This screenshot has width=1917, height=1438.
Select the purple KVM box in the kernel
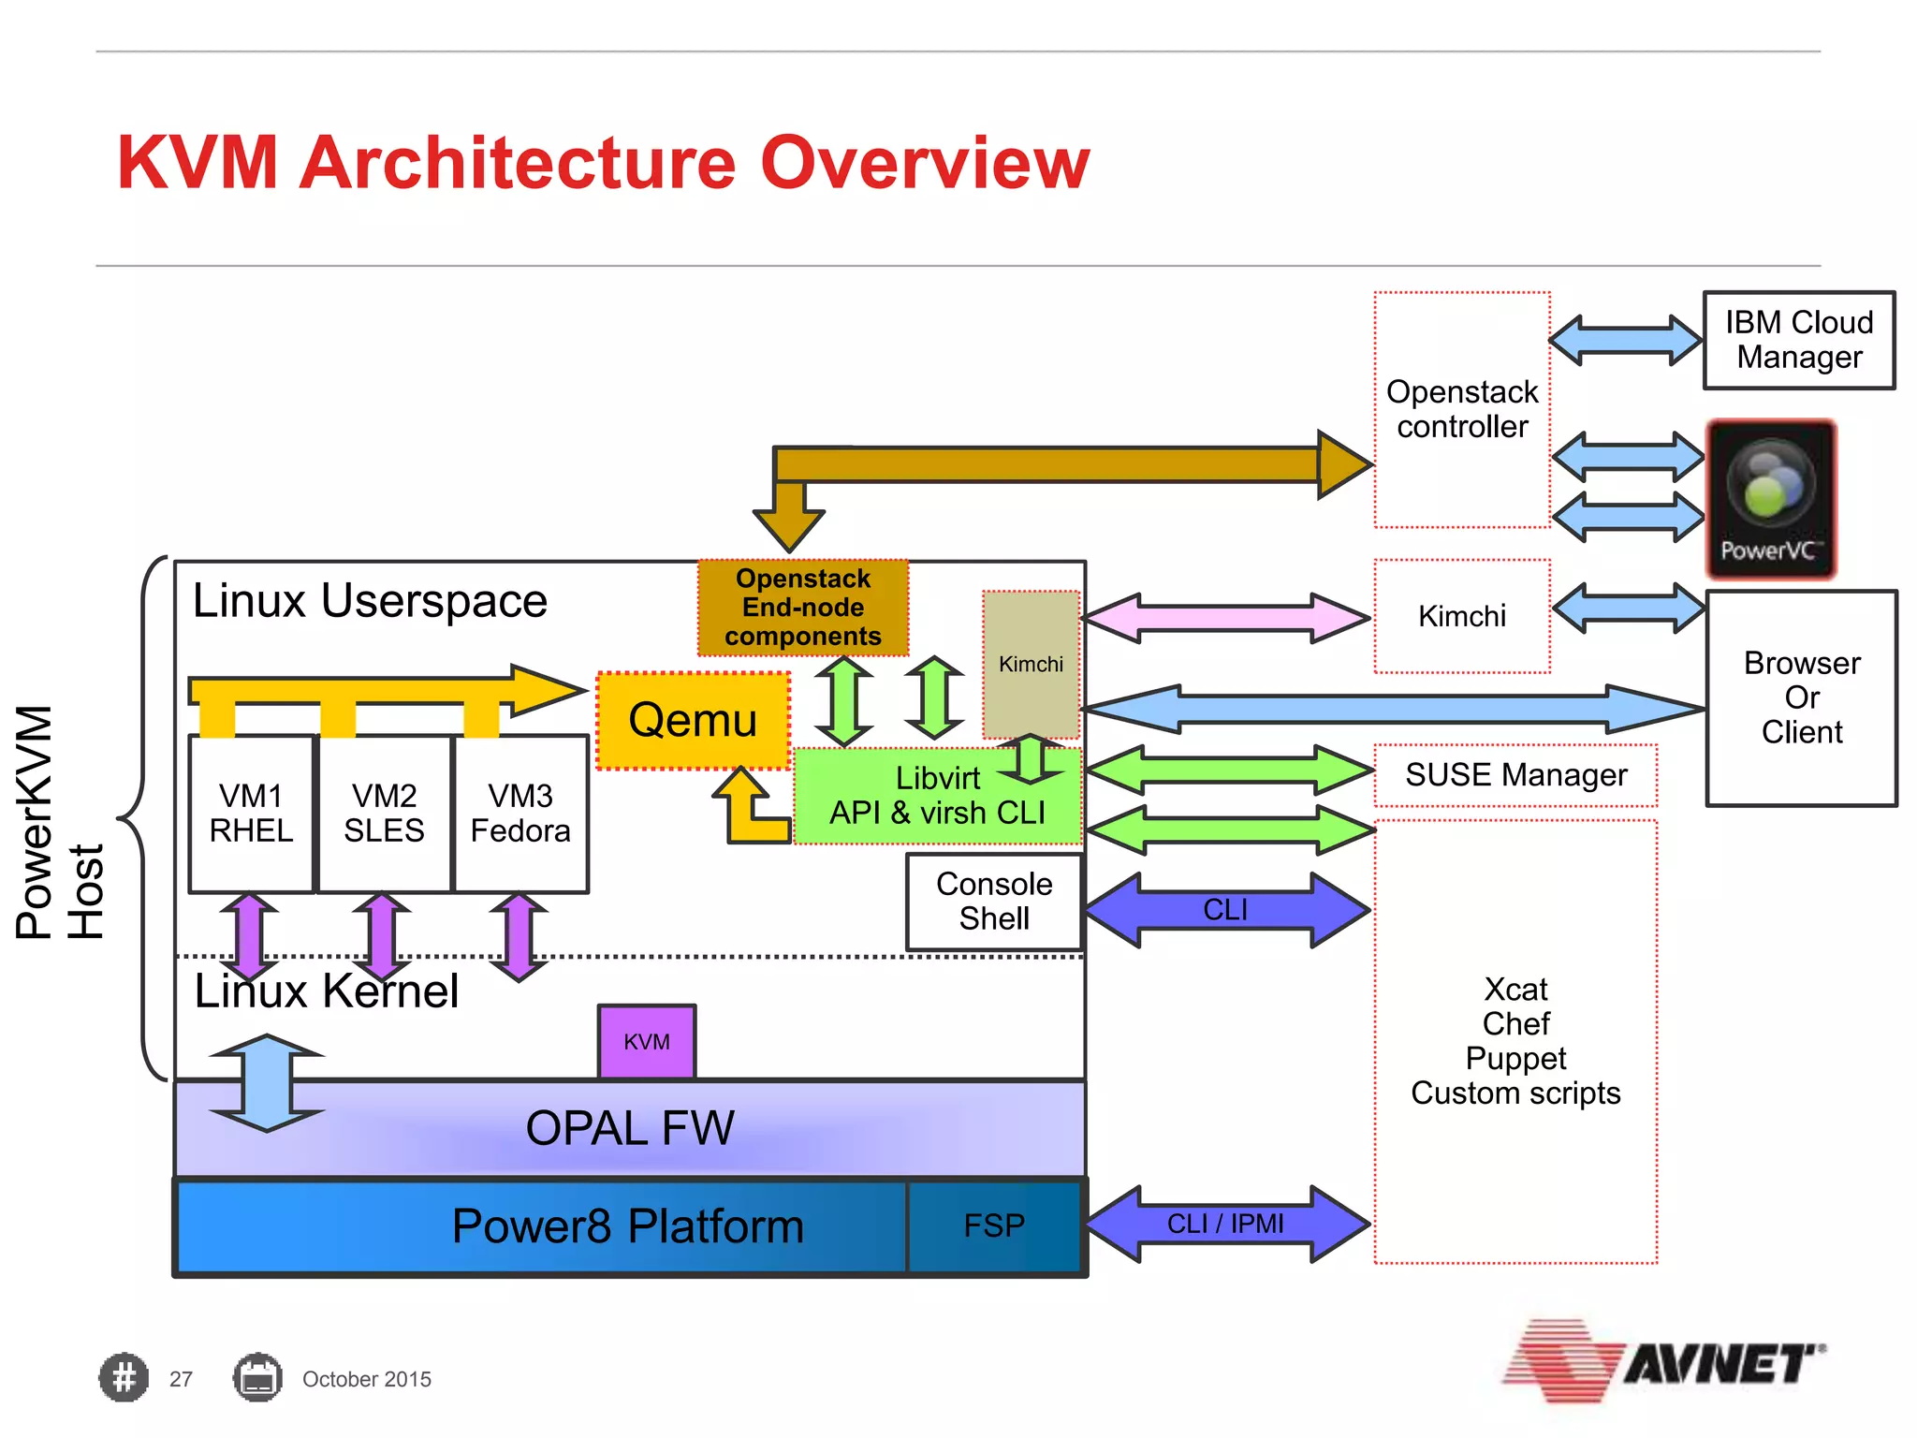point(647,1041)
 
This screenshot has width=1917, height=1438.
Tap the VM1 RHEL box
point(251,814)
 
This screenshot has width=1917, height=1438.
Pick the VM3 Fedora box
point(520,814)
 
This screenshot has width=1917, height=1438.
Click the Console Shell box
point(994,902)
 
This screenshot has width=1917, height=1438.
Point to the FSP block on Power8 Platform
point(994,1225)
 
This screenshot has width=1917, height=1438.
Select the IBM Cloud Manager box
point(1799,340)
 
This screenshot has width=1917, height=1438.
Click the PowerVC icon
point(1771,499)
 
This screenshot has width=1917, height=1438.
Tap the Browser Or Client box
point(1802,697)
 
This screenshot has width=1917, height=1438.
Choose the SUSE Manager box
point(1515,775)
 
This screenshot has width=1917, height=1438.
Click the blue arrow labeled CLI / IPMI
point(1226,1224)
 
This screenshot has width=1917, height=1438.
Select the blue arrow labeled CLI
point(1226,909)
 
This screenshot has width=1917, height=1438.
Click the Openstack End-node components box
point(803,608)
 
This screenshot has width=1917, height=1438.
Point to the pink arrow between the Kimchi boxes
point(1226,618)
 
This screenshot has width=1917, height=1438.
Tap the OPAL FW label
point(630,1128)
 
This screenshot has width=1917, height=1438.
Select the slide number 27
point(181,1379)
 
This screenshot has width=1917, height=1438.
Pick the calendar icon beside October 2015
point(257,1378)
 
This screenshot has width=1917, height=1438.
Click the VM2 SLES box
point(384,814)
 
